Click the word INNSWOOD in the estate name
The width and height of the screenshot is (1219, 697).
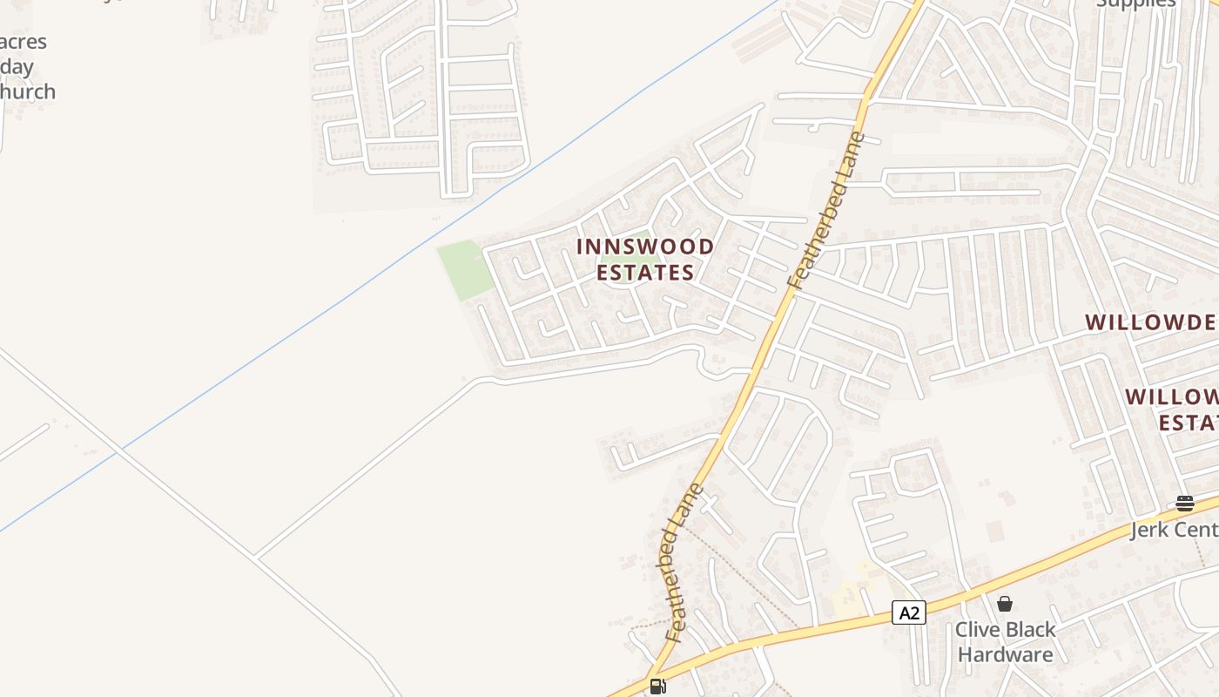point(645,247)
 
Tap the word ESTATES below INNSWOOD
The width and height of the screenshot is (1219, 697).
point(645,273)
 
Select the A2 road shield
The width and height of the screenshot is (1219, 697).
point(909,612)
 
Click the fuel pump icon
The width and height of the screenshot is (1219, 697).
point(657,686)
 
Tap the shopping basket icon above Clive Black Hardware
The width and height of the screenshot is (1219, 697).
point(1005,603)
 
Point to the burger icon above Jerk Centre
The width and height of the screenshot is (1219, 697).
point(1184,503)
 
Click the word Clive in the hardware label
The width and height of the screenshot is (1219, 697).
point(982,629)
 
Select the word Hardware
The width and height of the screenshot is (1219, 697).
point(1005,654)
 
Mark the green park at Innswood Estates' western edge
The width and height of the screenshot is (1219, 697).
point(462,268)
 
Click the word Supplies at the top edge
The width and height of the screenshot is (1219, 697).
point(1135,3)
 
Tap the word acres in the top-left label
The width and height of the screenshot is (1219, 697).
point(24,42)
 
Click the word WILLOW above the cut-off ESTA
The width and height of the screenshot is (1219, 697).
point(1172,397)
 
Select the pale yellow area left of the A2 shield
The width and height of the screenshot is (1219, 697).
point(849,592)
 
